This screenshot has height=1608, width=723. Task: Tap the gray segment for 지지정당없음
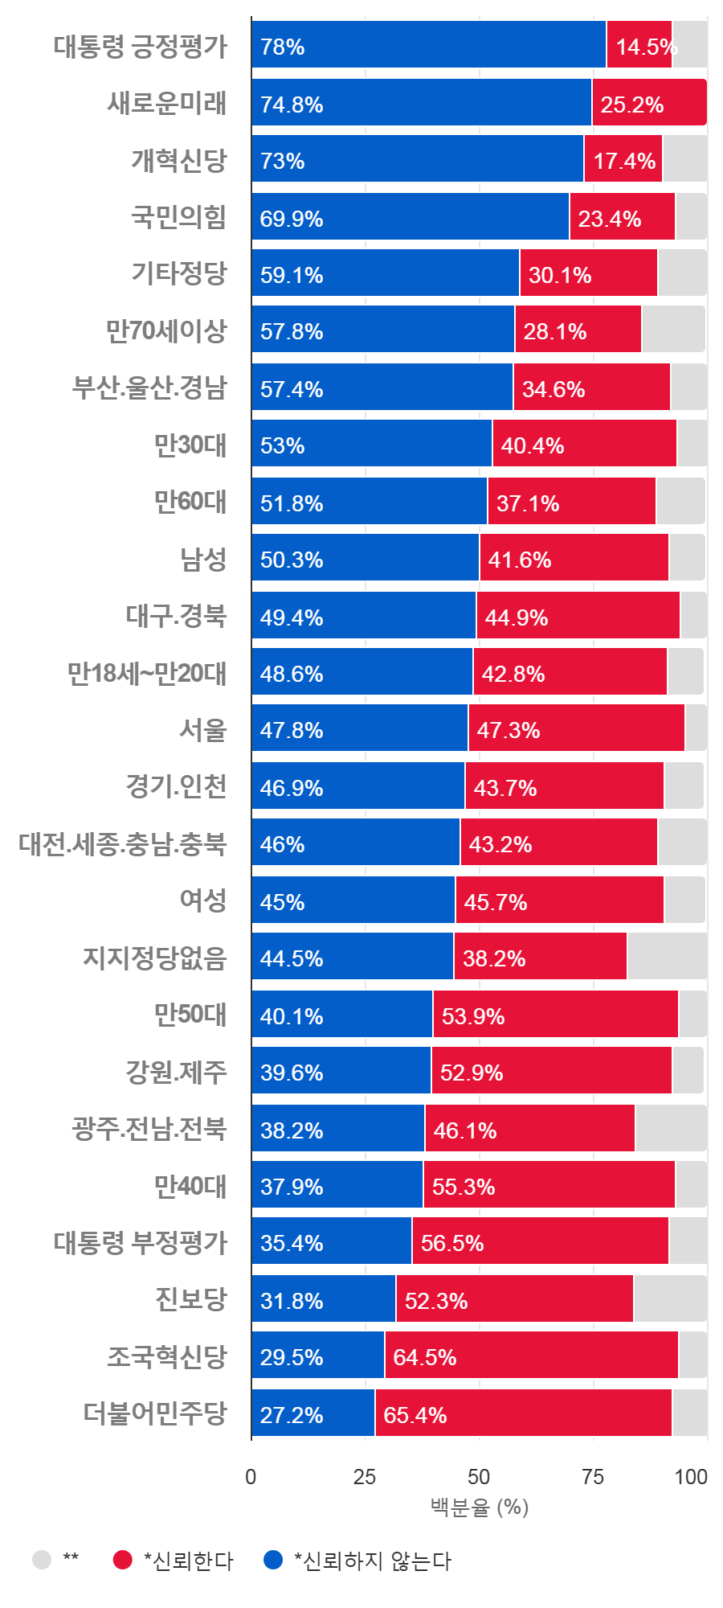click(x=667, y=957)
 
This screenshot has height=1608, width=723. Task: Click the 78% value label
click(x=283, y=47)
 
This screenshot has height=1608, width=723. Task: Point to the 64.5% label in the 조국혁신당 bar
click(x=425, y=1357)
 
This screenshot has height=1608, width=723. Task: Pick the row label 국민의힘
click(x=179, y=217)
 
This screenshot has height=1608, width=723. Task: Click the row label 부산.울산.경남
click(x=149, y=388)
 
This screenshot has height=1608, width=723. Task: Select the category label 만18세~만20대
click(x=147, y=673)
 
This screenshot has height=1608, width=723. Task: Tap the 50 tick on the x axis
click(x=479, y=1476)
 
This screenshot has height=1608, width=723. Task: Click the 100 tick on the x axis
click(x=691, y=1476)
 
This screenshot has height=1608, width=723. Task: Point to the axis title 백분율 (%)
click(x=479, y=1507)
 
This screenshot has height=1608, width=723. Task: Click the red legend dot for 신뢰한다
click(x=122, y=1561)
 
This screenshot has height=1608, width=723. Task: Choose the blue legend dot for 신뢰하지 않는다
click(x=273, y=1561)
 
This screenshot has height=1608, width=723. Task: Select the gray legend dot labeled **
click(x=42, y=1561)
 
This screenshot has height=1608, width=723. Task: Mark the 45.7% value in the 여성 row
click(x=496, y=902)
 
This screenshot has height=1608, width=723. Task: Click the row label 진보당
click(x=191, y=1299)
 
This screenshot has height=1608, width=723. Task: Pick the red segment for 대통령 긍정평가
click(x=639, y=45)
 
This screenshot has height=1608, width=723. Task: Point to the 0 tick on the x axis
click(x=251, y=1476)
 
